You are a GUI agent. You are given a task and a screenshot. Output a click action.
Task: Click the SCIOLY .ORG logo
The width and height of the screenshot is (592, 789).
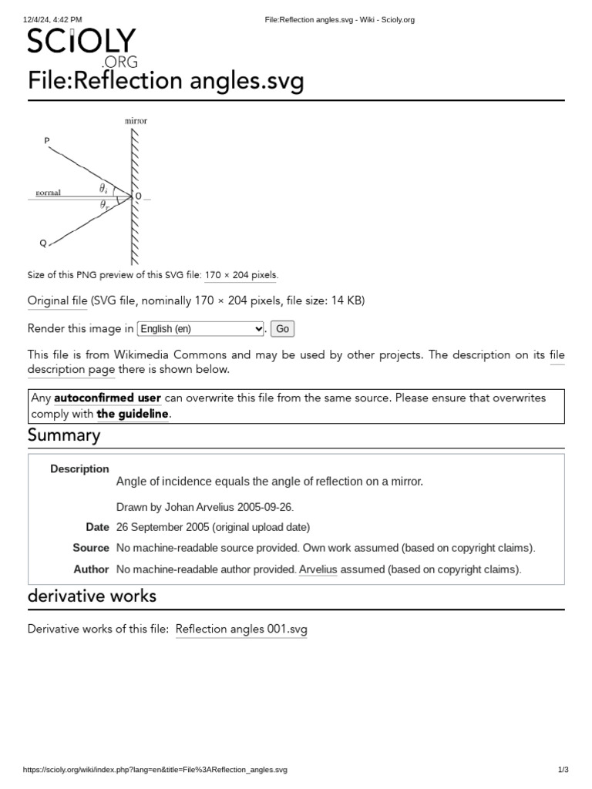(x=82, y=46)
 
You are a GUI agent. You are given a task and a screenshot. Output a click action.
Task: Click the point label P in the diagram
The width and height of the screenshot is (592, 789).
(x=47, y=140)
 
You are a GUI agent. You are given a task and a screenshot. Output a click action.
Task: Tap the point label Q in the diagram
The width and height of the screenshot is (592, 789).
(x=43, y=243)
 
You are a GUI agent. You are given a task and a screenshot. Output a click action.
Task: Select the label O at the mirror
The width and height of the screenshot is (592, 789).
(x=138, y=196)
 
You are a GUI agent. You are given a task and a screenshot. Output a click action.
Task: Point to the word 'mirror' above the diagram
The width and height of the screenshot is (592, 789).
(x=136, y=121)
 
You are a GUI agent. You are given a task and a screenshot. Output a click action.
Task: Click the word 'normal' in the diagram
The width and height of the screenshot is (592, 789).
(x=49, y=193)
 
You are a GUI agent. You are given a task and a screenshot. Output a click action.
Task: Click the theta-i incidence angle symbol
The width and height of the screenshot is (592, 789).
(x=103, y=188)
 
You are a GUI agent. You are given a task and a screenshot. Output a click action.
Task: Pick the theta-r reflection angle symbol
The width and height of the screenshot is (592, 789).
(x=104, y=205)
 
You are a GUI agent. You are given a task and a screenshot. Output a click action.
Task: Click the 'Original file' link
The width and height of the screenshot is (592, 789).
(x=58, y=300)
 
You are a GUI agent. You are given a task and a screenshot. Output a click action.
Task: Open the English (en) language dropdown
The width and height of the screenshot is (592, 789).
(x=200, y=329)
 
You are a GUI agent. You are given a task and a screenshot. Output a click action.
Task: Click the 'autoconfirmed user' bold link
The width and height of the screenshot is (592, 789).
(x=107, y=398)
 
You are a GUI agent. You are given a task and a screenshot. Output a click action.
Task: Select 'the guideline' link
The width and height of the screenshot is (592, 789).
(x=132, y=414)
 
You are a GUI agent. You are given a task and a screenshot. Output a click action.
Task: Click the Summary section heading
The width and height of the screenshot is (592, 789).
(x=64, y=435)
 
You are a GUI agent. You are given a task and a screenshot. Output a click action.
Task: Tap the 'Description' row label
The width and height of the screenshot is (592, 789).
(x=79, y=468)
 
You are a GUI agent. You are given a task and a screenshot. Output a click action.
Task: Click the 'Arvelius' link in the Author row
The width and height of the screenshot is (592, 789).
(x=318, y=569)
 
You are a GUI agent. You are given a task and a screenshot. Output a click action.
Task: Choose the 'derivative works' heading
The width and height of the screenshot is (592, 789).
(x=92, y=596)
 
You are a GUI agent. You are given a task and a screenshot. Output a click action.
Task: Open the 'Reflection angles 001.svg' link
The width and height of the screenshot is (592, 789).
(x=241, y=630)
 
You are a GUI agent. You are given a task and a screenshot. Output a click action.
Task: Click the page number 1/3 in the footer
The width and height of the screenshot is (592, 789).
(x=563, y=770)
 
